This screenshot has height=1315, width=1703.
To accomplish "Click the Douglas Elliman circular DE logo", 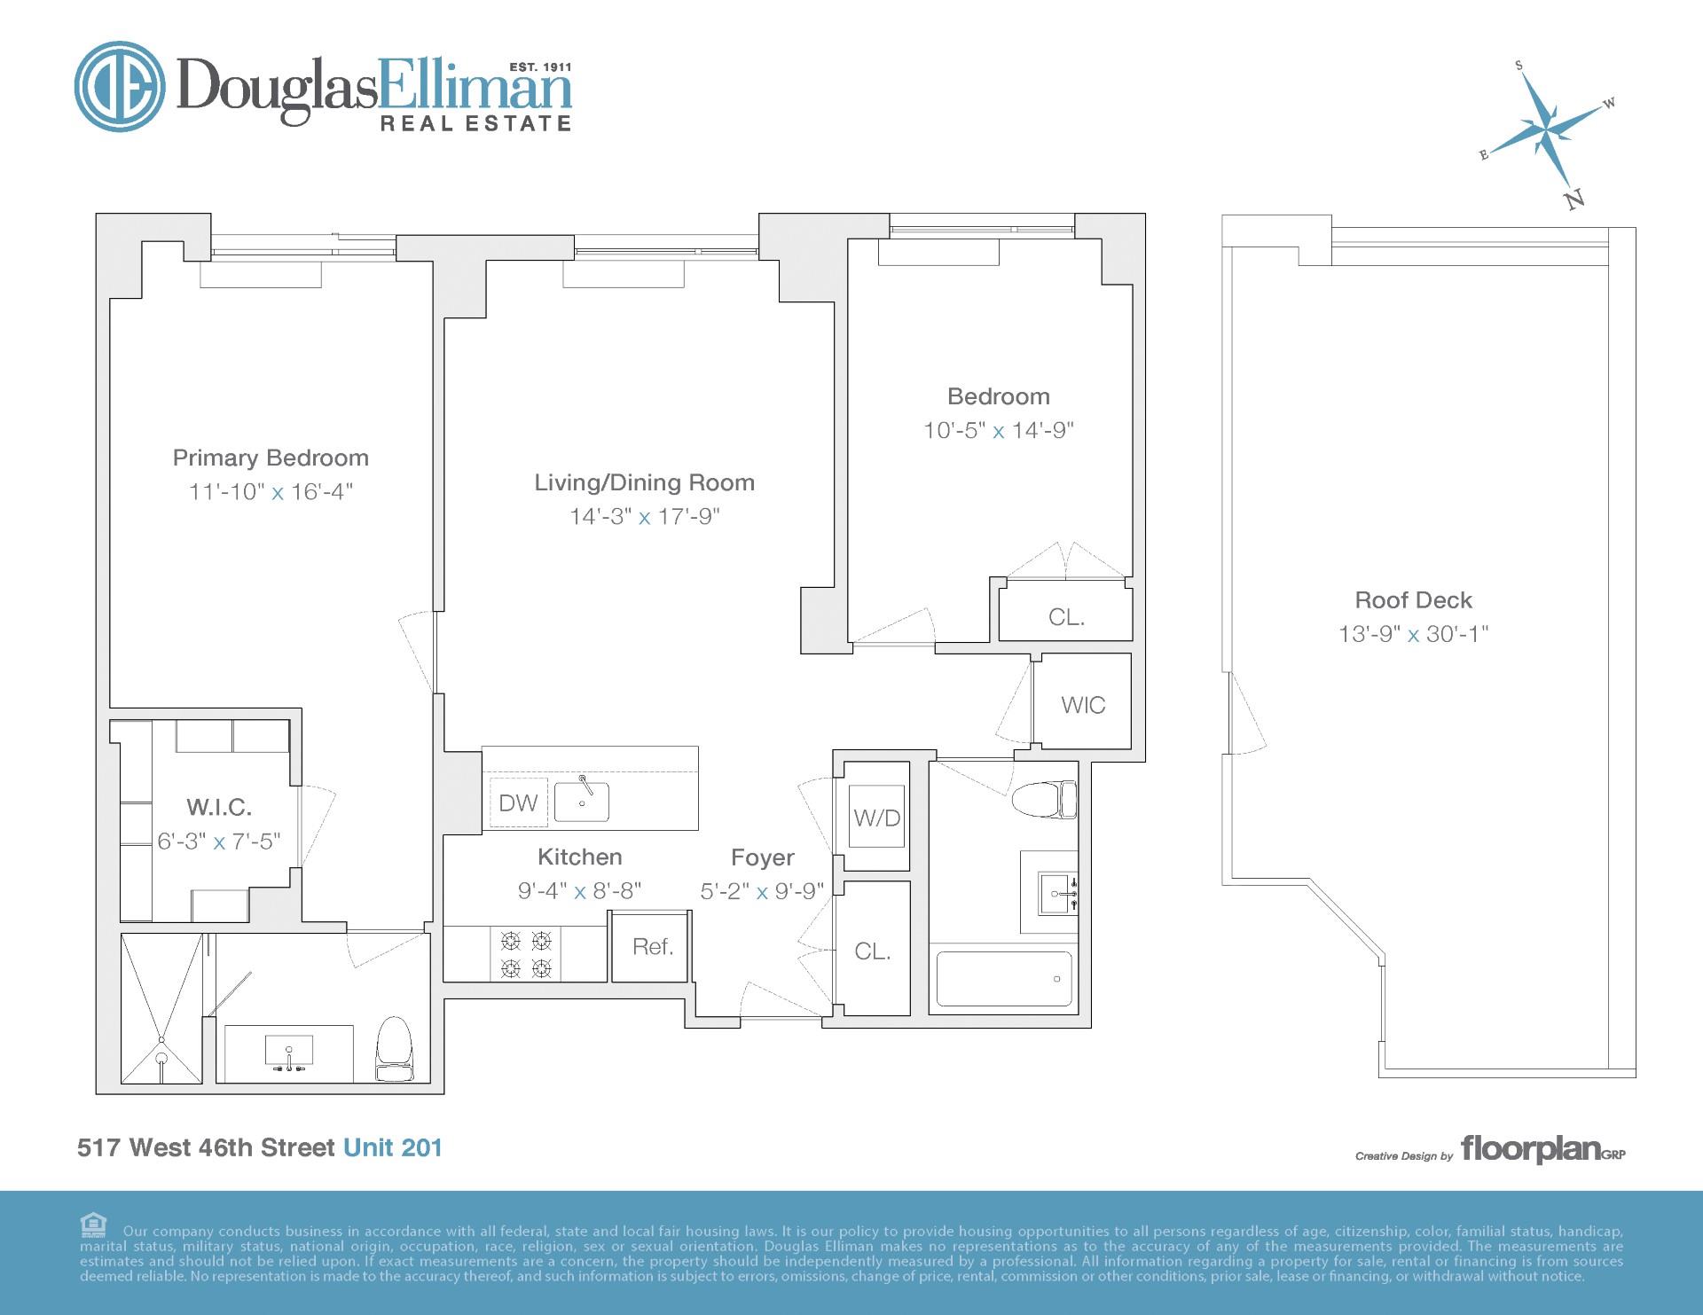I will pyautogui.click(x=119, y=86).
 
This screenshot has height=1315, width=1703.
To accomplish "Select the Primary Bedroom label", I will pyautogui.click(x=271, y=458).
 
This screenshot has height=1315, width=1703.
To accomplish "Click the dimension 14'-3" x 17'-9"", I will pyautogui.click(x=644, y=516).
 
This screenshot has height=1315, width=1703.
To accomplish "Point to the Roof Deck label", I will pyautogui.click(x=1413, y=600).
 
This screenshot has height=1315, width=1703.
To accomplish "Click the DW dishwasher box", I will pyautogui.click(x=518, y=802).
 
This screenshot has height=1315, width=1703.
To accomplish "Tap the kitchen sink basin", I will pyautogui.click(x=582, y=802).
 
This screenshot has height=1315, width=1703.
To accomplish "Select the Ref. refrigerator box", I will pyautogui.click(x=653, y=946).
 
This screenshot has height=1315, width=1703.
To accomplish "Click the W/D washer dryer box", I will pyautogui.click(x=876, y=818).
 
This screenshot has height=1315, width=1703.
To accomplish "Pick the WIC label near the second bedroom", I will pyautogui.click(x=1083, y=705).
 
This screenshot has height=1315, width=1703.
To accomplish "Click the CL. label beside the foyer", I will pyautogui.click(x=872, y=951).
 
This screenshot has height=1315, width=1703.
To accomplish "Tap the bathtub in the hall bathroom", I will pyautogui.click(x=1003, y=979).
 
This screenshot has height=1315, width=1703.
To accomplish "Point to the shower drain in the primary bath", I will pyautogui.click(x=161, y=1058).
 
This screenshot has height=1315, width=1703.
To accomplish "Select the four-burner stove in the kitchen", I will pyautogui.click(x=526, y=954).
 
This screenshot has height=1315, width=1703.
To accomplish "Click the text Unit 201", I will pyautogui.click(x=392, y=1147).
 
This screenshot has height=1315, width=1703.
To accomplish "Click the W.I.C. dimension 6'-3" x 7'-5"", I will pyautogui.click(x=218, y=841).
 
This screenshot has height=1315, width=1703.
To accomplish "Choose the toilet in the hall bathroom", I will pyautogui.click(x=1045, y=799).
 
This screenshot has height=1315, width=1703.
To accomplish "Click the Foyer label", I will pyautogui.click(x=762, y=857).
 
